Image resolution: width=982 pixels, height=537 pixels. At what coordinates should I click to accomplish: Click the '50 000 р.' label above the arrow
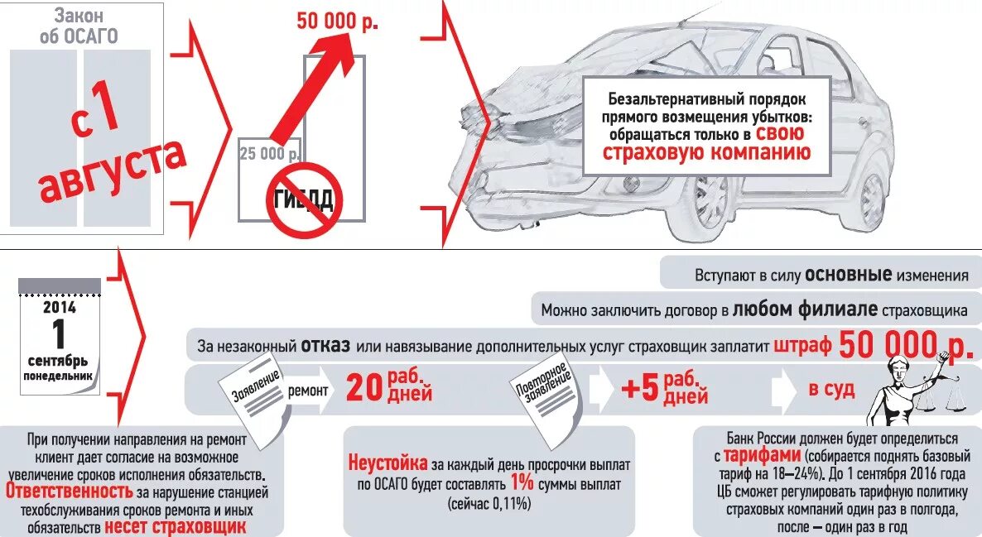click(x=337, y=22)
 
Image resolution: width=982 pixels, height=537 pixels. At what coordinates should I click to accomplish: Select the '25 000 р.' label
click(x=268, y=154)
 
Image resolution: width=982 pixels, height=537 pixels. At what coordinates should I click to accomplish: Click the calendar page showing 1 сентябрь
click(x=60, y=336)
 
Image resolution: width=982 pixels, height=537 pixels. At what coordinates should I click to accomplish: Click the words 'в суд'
click(x=831, y=389)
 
